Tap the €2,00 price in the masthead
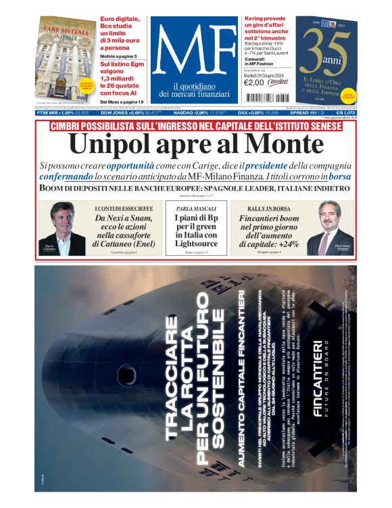click(253, 83)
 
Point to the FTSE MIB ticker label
click(49, 113)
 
